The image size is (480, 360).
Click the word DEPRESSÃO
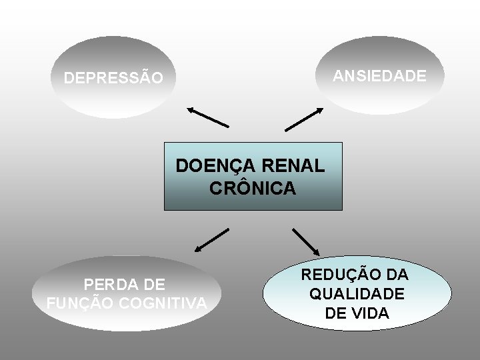[113, 79]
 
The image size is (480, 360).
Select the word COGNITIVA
[163, 304]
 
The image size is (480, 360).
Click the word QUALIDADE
[356, 294]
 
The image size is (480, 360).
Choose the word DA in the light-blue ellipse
[397, 275]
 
